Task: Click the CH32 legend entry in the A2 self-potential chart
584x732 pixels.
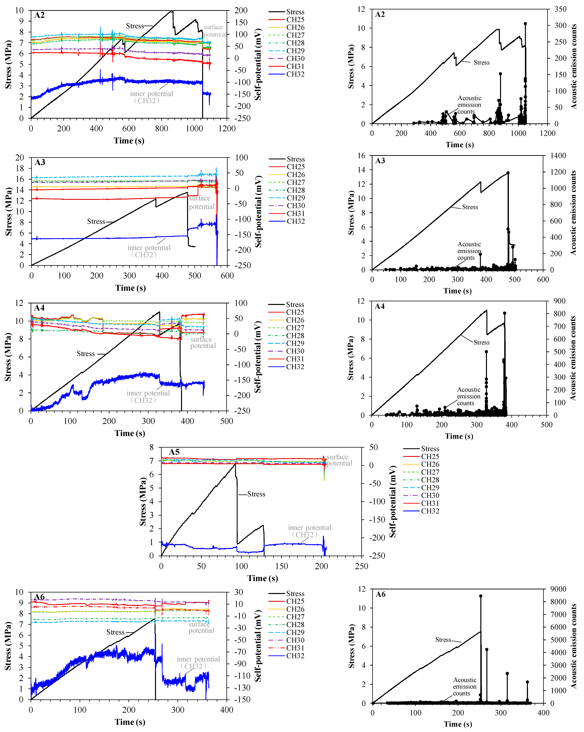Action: pyautogui.click(x=295, y=74)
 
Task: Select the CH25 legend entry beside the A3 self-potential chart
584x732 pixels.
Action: pyautogui.click(x=295, y=167)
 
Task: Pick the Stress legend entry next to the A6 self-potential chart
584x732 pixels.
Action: pyautogui.click(x=295, y=593)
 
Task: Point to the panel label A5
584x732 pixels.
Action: pyautogui.click(x=174, y=452)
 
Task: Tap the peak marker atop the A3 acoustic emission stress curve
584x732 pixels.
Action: pyautogui.click(x=508, y=173)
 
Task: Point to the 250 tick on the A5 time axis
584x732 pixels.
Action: pyautogui.click(x=361, y=566)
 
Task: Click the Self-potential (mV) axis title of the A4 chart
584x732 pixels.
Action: pyautogui.click(x=258, y=357)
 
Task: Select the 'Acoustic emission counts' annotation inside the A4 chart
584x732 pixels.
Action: pyautogui.click(x=469, y=396)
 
